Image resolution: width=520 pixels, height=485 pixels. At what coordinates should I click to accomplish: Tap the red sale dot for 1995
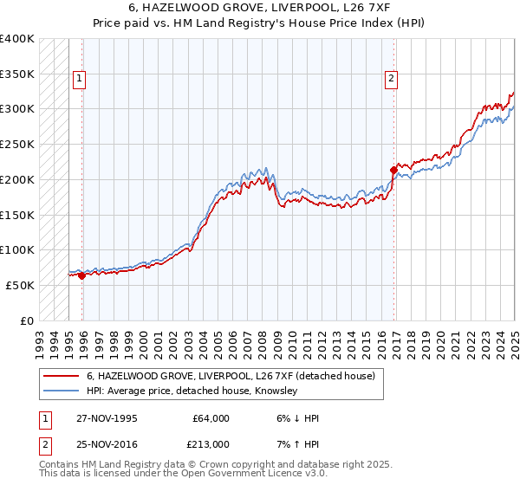(x=82, y=276)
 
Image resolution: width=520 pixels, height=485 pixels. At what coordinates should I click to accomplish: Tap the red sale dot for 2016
(x=394, y=170)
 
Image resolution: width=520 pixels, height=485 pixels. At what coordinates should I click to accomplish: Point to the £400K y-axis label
(x=17, y=39)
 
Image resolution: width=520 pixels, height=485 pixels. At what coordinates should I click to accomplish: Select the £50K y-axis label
(x=21, y=285)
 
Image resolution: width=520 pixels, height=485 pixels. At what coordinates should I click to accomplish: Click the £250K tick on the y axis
(x=17, y=144)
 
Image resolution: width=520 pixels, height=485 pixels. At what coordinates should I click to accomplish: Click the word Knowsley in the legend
(x=276, y=391)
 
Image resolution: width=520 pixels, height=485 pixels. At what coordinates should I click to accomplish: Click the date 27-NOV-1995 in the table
(x=101, y=418)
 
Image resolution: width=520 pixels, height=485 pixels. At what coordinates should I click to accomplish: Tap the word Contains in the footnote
(x=59, y=464)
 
